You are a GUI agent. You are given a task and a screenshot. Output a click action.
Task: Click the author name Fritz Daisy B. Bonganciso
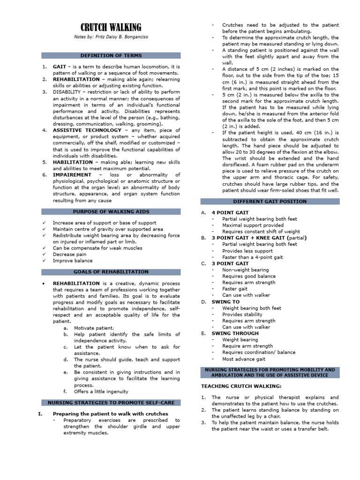coord(124,37)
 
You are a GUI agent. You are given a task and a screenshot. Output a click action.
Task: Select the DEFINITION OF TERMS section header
coord(111,55)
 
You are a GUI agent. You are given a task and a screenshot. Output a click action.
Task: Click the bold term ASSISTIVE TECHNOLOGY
coord(81,130)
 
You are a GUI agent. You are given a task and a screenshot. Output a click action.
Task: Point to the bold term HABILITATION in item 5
coord(73,162)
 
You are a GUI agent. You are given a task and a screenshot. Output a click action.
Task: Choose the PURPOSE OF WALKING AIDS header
coord(111,212)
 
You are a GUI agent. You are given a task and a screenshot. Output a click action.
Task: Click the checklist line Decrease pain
coord(69,255)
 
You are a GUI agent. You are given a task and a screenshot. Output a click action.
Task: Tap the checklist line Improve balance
coord(73,261)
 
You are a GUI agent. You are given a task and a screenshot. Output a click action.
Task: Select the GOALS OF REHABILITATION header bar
coord(111,272)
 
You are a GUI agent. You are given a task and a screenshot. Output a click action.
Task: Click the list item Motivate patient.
coord(94,328)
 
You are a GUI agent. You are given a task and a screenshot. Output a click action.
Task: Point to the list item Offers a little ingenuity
coord(101,391)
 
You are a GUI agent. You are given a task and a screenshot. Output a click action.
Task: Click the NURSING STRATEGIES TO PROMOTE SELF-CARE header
coord(111,403)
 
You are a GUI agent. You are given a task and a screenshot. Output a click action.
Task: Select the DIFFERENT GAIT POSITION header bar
coord(270,202)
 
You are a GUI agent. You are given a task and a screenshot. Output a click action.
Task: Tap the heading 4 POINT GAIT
coord(230,212)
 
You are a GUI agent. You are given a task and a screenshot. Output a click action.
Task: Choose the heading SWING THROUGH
coord(235,333)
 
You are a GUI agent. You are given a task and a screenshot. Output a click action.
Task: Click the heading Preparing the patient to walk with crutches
coord(110,414)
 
